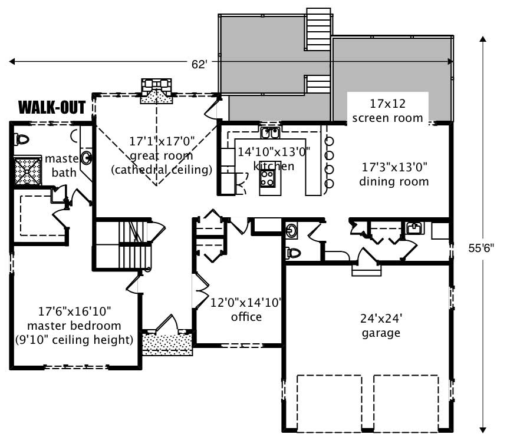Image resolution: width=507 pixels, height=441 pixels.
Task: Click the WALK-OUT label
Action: click(x=52, y=107)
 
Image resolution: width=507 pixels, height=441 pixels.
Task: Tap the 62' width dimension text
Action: click(x=199, y=64)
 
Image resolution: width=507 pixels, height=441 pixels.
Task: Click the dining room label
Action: click(x=394, y=175)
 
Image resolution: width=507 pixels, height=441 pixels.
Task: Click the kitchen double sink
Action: click(x=271, y=132)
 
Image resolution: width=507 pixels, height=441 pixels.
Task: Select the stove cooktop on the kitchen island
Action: click(x=267, y=177)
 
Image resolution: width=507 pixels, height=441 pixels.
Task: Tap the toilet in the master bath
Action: click(x=22, y=140)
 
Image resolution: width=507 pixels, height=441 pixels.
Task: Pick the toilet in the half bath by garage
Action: click(x=293, y=253)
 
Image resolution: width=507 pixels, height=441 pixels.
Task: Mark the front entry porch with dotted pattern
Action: click(x=167, y=343)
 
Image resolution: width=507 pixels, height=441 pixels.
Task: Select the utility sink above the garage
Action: click(x=414, y=227)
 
